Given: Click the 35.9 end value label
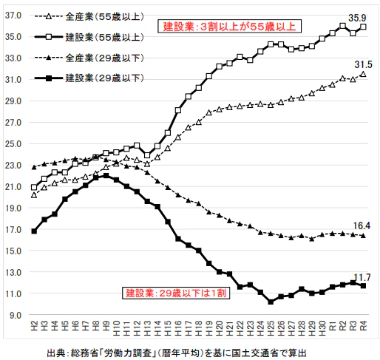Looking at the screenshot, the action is click(x=357, y=18).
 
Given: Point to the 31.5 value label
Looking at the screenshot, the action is click(x=363, y=64).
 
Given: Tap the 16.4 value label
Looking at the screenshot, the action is click(x=362, y=225).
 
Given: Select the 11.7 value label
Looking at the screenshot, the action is click(x=362, y=277).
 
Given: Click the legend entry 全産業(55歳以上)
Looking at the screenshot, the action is click(x=89, y=17).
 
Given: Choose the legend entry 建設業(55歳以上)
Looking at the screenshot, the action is click(x=89, y=37).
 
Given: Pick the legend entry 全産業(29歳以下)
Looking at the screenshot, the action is click(x=89, y=58).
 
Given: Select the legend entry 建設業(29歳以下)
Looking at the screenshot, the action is click(x=89, y=78).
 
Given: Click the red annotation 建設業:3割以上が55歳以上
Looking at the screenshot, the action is click(x=229, y=27).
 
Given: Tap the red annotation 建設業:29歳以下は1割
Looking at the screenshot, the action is click(x=176, y=293).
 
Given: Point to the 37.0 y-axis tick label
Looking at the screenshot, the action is click(x=13, y=16).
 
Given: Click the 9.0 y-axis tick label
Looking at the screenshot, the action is click(x=16, y=315).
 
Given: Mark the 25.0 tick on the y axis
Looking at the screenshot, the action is click(x=13, y=143).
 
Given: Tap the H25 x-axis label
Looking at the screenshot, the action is click(x=271, y=328).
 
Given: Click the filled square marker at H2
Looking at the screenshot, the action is click(x=34, y=231).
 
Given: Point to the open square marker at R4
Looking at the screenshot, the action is click(x=363, y=27).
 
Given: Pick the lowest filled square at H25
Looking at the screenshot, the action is click(x=271, y=302).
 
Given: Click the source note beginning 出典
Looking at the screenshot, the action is click(x=177, y=353).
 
